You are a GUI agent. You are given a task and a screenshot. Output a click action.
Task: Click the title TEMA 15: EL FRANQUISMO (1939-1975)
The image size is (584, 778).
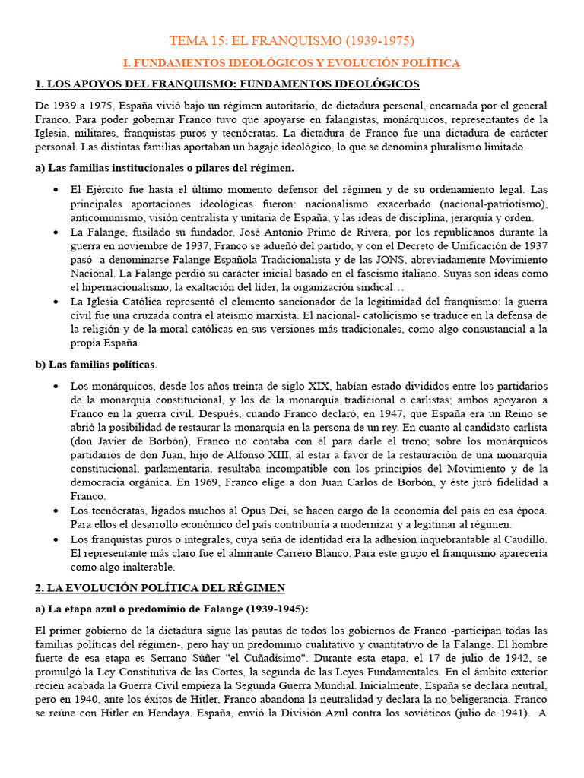click(291, 41)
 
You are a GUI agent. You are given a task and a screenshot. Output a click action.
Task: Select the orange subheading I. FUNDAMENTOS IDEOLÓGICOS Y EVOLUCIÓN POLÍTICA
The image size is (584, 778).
click(291, 62)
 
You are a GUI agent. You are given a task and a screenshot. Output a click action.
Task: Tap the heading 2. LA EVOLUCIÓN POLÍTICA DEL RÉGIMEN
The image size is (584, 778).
click(160, 587)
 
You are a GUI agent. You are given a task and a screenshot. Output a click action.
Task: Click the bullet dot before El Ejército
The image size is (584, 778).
click(56, 189)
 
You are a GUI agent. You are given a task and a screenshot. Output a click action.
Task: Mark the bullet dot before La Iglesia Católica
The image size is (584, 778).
click(56, 302)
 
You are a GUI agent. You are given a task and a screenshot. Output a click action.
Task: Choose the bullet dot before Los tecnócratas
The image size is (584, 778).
click(56, 510)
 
